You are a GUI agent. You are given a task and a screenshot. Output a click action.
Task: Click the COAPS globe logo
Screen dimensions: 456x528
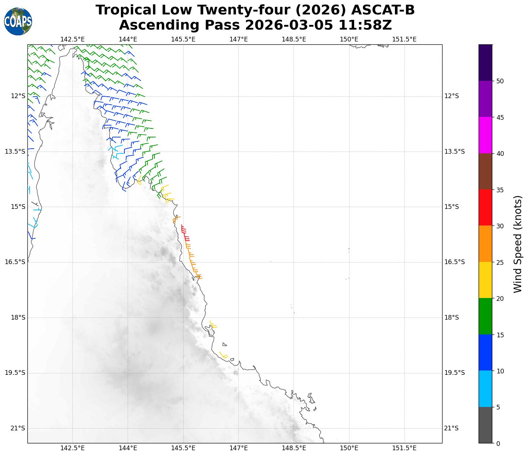(18, 22)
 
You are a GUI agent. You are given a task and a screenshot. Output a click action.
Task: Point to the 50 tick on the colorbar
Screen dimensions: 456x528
(500, 81)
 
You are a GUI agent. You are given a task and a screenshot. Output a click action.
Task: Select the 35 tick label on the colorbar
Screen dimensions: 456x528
(500, 190)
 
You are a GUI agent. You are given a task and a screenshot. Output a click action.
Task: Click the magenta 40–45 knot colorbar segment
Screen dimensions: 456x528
(485, 135)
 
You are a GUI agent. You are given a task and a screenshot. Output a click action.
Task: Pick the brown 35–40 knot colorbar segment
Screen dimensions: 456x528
(485, 172)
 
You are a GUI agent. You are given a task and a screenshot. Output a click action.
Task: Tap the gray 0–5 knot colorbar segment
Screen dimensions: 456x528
(485, 425)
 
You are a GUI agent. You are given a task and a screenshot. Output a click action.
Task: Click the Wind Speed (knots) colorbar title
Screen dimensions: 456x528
(518, 244)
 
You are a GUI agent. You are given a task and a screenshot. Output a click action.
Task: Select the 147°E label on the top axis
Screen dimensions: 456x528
(238, 39)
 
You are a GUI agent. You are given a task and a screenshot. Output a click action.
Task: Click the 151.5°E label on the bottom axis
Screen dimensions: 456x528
(404, 448)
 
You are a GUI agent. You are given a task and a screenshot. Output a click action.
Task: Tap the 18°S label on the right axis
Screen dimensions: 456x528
(452, 317)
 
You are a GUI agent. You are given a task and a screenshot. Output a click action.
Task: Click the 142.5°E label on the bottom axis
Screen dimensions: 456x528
(72, 448)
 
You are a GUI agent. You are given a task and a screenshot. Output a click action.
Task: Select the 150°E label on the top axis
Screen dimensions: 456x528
(349, 39)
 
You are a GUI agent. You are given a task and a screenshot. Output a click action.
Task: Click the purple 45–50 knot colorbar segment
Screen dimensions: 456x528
(485, 99)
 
